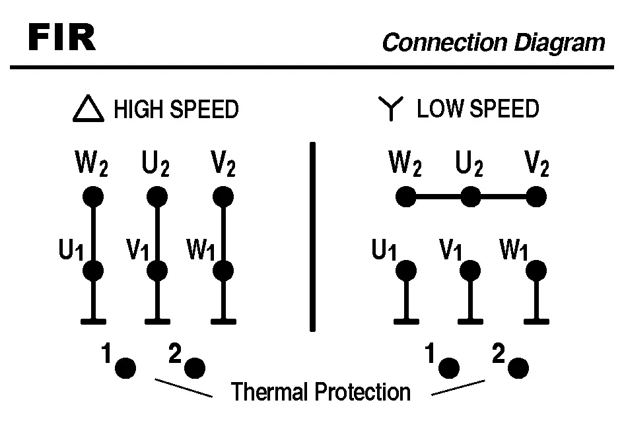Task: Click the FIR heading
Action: [62, 40]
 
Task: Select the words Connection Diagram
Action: [493, 43]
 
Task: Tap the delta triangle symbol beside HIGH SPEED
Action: [88, 109]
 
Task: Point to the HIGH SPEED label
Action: [176, 109]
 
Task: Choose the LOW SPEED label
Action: [477, 109]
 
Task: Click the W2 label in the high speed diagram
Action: [91, 164]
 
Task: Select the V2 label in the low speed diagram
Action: [536, 164]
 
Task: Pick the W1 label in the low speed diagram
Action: [514, 251]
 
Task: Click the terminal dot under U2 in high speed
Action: [156, 197]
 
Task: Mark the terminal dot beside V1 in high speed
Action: [156, 271]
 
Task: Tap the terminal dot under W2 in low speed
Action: [405, 197]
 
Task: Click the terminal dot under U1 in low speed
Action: [405, 270]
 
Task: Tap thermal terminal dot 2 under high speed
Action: [195, 368]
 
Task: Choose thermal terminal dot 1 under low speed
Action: [449, 368]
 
